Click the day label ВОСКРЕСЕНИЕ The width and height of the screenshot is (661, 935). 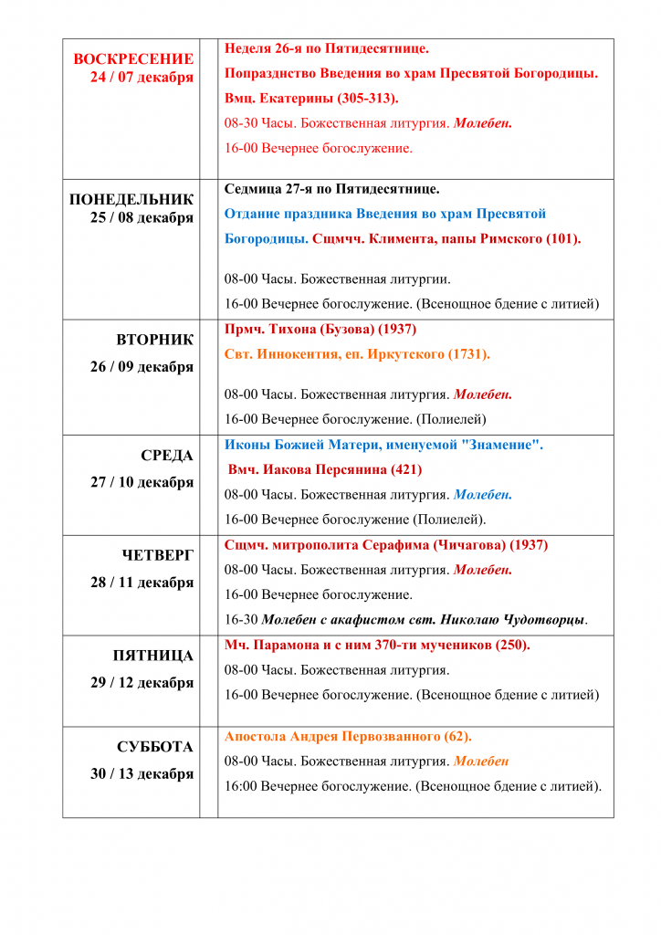(x=133, y=58)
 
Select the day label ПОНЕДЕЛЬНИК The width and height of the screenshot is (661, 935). (x=131, y=199)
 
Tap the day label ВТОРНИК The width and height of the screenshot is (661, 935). (x=155, y=340)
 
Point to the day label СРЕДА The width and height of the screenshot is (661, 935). (x=167, y=455)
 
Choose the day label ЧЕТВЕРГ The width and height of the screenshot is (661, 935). (x=158, y=555)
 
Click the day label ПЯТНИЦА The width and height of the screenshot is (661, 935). (x=153, y=656)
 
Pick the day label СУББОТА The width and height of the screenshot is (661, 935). (x=155, y=747)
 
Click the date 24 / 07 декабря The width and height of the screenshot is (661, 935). (x=142, y=78)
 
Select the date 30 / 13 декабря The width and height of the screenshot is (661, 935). (x=142, y=773)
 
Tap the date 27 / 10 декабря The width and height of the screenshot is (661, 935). (x=142, y=482)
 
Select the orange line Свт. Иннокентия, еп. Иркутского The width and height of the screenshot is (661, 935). (x=357, y=354)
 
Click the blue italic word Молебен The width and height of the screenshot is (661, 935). (x=483, y=495)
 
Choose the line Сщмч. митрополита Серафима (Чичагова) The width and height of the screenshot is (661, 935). (x=386, y=545)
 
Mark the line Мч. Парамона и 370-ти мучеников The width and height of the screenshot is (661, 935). (x=377, y=646)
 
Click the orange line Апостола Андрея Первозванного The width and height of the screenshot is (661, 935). (x=348, y=736)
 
